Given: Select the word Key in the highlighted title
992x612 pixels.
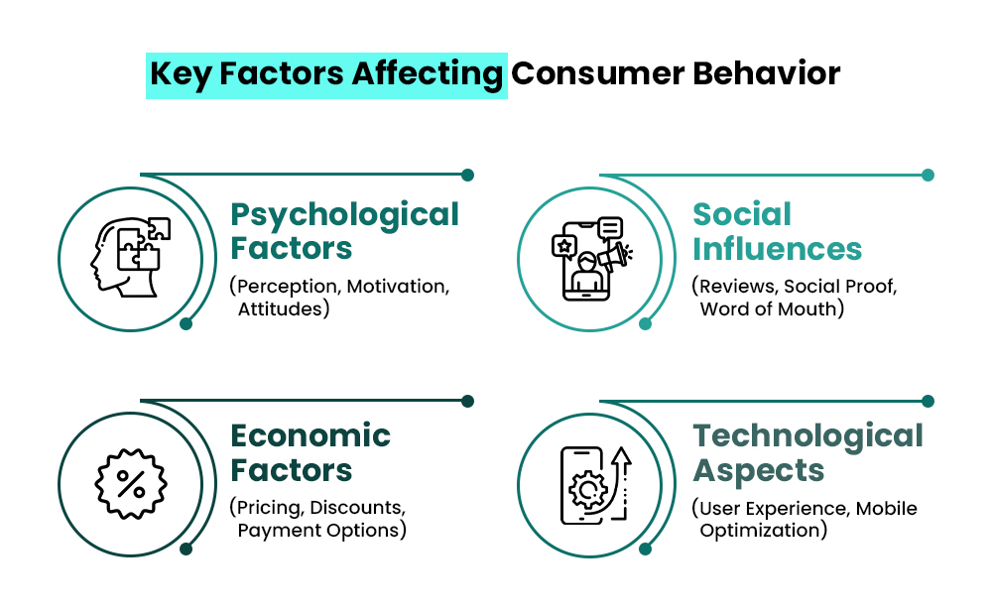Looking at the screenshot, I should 180,74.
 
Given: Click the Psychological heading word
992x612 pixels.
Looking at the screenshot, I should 344,214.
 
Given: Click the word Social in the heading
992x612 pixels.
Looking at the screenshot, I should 742,214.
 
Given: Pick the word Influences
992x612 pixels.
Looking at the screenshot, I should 777,248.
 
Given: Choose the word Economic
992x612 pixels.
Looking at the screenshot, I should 310,435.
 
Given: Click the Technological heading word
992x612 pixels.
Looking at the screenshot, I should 807,435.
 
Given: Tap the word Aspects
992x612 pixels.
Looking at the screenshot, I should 759,469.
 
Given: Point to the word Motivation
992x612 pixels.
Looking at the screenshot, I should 397,287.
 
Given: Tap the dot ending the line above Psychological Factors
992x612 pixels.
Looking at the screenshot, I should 467,176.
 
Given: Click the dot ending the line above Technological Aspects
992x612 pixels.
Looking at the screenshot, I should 928,402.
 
